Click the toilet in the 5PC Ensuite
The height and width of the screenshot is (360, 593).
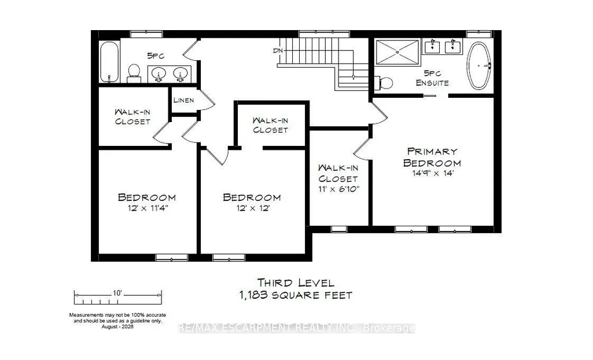pyautogui.click(x=384, y=83)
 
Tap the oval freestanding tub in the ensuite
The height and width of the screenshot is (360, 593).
pyautogui.click(x=479, y=66)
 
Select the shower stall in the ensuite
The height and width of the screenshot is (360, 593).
pyautogui.click(x=397, y=52)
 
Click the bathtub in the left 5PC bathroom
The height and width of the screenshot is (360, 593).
pyautogui.click(x=109, y=62)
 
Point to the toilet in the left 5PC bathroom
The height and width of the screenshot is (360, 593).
pyautogui.click(x=134, y=74)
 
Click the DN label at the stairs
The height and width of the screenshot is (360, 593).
pyautogui.click(x=278, y=50)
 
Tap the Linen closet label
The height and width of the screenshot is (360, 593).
pyautogui.click(x=184, y=100)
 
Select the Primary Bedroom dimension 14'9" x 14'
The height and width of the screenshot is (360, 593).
pyautogui.click(x=433, y=174)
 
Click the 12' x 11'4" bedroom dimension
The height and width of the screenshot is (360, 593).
pyautogui.click(x=148, y=208)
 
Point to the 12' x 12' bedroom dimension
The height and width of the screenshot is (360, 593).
pyautogui.click(x=253, y=208)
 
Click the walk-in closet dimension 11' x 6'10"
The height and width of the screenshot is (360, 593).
pyautogui.click(x=338, y=189)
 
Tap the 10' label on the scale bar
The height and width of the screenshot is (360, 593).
pyautogui.click(x=117, y=293)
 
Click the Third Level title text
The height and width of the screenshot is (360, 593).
pyautogui.click(x=296, y=282)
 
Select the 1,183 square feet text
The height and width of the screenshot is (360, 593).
pyautogui.click(x=296, y=295)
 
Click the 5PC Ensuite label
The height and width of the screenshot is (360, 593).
pyautogui.click(x=432, y=78)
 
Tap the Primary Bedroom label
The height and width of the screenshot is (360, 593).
pyautogui.click(x=432, y=157)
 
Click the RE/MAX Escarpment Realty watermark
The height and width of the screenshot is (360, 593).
pyautogui.click(x=296, y=328)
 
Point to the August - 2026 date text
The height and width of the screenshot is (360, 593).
pyautogui.click(x=117, y=326)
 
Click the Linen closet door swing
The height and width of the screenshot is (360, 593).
pyautogui.click(x=206, y=100)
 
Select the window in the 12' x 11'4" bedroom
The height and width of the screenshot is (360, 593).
pyautogui.click(x=172, y=258)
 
